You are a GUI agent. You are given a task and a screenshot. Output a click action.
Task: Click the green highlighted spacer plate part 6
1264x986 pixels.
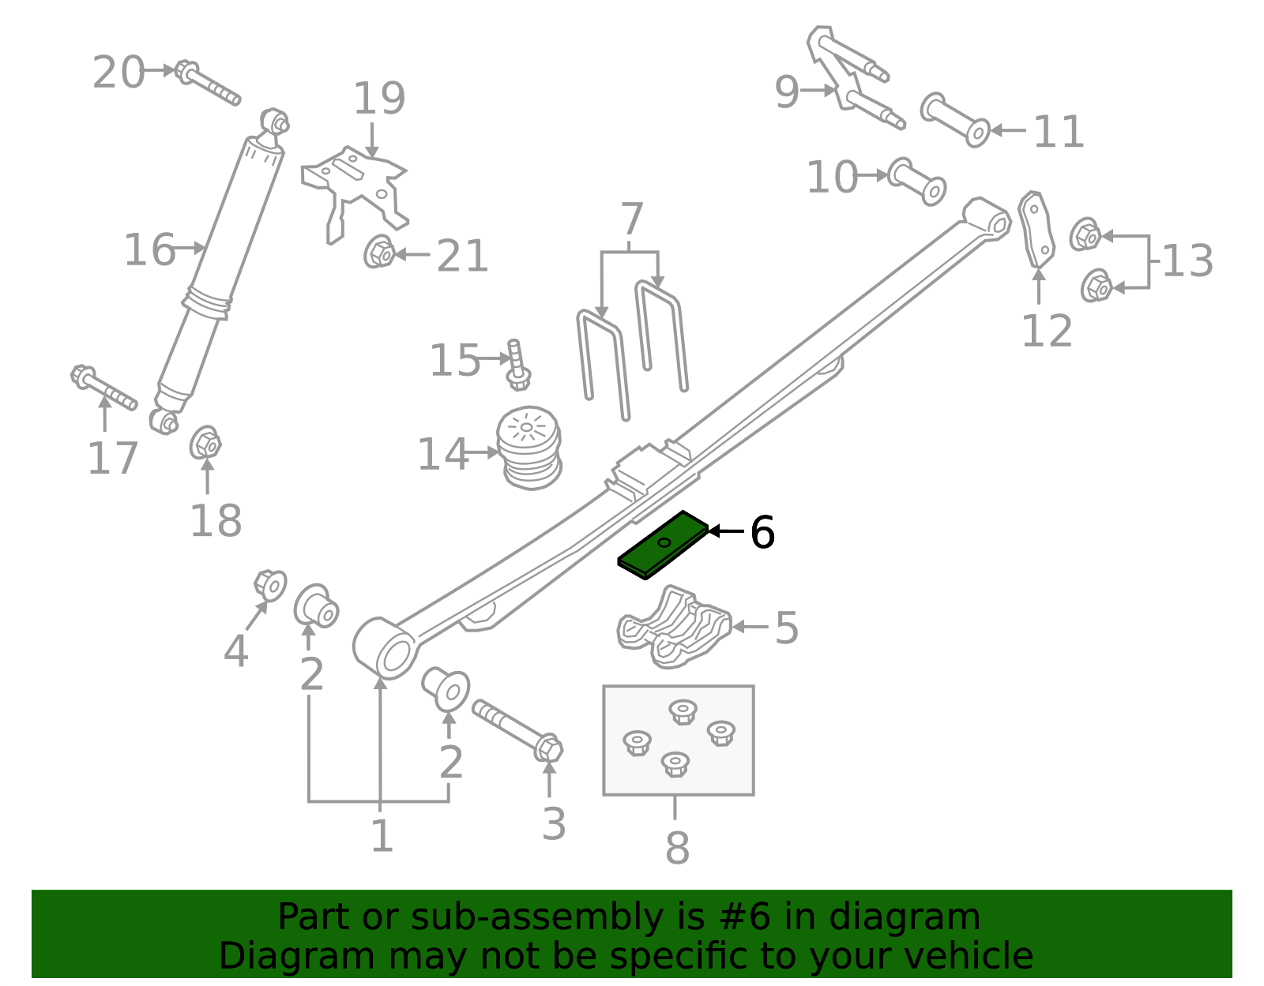pos(662,545)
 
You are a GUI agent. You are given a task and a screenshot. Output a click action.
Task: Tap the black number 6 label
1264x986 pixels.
pos(762,533)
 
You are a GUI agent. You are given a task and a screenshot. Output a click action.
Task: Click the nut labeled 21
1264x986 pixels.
pos(381,253)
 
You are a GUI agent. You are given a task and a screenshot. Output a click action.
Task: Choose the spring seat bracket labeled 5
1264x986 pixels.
pos(674,628)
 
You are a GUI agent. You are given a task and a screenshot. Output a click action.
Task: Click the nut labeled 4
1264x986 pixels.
pos(270,585)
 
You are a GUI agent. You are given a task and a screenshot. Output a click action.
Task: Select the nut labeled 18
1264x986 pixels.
pos(205,444)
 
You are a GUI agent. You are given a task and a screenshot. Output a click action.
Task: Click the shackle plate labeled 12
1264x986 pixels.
pos(1036,229)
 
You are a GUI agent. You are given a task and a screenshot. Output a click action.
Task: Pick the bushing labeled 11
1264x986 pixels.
pos(955,120)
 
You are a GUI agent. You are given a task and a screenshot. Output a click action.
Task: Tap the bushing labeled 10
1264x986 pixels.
pos(917,182)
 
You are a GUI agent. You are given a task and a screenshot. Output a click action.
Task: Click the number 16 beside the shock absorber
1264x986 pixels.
pos(149,250)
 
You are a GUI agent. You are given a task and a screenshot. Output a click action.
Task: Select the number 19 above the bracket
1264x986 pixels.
pos(379,99)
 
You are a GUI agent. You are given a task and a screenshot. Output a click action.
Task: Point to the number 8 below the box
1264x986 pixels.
pos(677,849)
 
